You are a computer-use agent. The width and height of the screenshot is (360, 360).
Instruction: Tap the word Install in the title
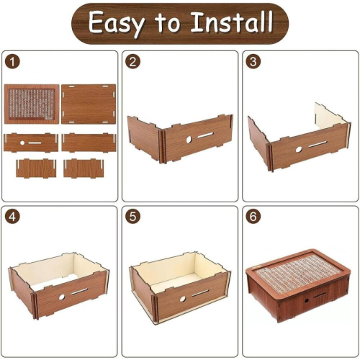[232, 22]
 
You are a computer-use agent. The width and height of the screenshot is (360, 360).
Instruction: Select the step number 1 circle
[12, 62]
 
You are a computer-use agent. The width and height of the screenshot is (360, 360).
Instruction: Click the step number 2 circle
[132, 62]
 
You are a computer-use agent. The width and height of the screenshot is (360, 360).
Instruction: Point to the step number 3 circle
[253, 62]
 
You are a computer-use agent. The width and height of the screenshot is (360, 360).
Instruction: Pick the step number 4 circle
[12, 217]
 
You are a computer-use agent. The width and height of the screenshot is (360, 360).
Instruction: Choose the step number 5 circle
[132, 217]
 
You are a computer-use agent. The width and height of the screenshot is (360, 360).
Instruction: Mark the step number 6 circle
[253, 217]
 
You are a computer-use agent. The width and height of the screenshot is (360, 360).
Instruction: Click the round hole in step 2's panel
[189, 140]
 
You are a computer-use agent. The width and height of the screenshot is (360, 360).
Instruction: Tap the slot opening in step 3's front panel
[318, 145]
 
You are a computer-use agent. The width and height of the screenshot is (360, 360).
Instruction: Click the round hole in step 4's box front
[62, 297]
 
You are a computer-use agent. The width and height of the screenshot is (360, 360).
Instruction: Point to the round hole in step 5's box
[183, 299]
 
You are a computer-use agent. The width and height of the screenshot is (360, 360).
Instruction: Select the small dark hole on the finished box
[307, 300]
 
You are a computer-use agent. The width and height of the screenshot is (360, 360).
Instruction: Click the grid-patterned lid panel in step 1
[32, 104]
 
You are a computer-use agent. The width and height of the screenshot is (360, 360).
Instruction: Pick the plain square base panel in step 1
[89, 104]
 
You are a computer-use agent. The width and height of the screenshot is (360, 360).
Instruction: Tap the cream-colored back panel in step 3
[330, 114]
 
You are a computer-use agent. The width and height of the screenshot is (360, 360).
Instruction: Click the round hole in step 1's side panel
[22, 143]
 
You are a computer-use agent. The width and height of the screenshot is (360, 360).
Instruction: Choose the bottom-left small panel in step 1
[36, 168]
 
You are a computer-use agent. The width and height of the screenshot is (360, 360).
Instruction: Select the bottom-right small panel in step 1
[84, 168]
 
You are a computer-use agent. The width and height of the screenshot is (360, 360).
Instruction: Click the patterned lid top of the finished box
[298, 270]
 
